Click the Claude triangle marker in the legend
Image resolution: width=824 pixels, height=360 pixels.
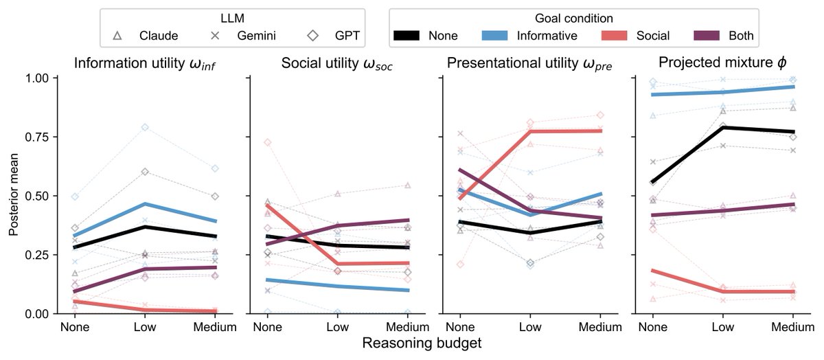pos(117,36)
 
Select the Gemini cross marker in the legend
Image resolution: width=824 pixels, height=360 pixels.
pos(215,36)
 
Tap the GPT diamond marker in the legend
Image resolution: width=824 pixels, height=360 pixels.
pos(313,36)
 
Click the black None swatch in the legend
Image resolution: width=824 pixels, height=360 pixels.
pos(407,36)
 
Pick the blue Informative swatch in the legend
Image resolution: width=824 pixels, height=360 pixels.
pos(495,36)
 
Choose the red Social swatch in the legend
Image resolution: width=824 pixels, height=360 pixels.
pos(615,36)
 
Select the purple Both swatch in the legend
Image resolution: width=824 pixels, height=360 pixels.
pos(707,36)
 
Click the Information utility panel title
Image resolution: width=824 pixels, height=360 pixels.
pos(145,63)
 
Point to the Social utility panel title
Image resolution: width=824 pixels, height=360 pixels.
pos(337,63)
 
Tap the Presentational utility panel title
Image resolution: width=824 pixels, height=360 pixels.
pos(529,63)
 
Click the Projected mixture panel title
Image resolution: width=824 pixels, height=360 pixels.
pos(722,63)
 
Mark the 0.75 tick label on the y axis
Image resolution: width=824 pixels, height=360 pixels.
pos(37,137)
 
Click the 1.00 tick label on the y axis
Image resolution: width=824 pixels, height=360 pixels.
pos(37,78)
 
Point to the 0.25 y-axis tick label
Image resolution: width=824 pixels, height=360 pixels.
pos(37,255)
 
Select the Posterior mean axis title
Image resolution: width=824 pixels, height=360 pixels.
pos(13,194)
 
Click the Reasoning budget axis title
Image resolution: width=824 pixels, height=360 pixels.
pos(422,343)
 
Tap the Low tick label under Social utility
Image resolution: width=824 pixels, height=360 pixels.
pos(337,327)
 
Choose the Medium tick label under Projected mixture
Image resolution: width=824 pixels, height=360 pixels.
pos(792,327)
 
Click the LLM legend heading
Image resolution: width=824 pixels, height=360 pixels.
pos(232,19)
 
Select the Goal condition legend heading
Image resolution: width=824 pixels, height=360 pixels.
pos(574,19)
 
